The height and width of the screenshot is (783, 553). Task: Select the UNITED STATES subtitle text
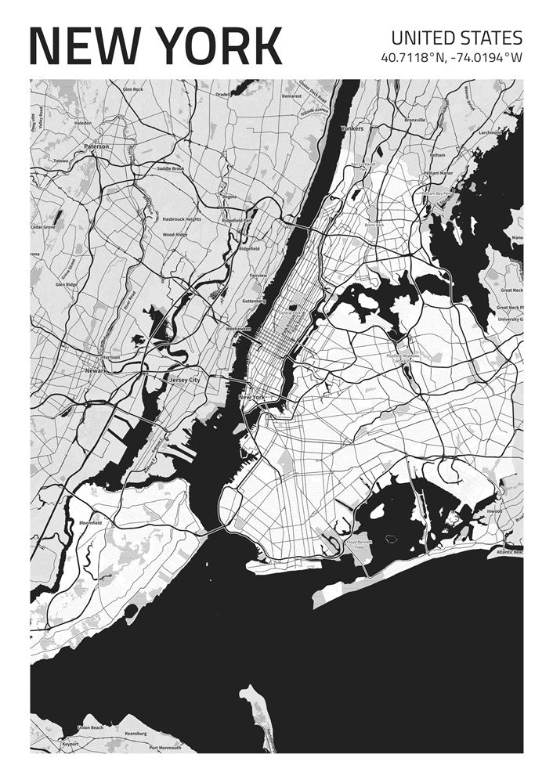456,38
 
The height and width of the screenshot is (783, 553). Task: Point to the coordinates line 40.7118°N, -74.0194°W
451,57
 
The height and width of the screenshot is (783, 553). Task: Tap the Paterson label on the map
96,146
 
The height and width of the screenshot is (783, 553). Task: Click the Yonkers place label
352,128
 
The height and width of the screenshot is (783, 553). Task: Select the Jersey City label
185,380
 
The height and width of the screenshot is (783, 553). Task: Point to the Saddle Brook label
170,168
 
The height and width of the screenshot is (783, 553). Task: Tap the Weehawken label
238,330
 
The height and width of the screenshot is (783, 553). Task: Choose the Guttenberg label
255,301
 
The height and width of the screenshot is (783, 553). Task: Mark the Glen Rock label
132,89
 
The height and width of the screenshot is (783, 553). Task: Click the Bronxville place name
414,121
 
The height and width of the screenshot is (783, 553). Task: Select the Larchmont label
490,133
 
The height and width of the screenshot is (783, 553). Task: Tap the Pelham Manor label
438,173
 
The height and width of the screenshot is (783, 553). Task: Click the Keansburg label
136,734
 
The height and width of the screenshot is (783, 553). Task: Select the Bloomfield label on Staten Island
90,522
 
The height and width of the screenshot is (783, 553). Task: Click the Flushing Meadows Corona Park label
403,358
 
